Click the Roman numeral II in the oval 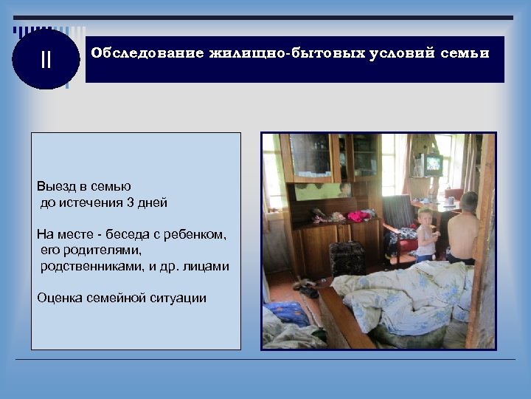click(46, 60)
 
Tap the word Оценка click(58, 298)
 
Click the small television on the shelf click(431, 164)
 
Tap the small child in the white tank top click(427, 235)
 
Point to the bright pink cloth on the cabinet click(358, 216)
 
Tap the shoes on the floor click(308, 287)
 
